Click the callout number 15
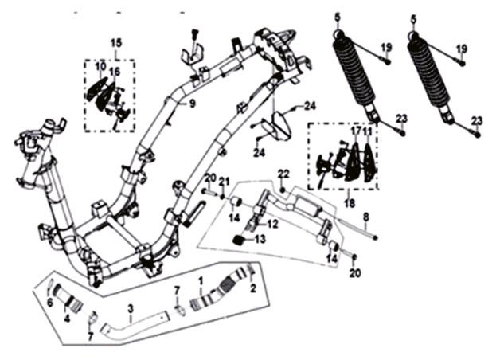[x=116, y=41]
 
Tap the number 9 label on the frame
[x=192, y=103]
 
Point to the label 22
[x=283, y=174]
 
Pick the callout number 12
[x=272, y=225]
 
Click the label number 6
[x=50, y=303]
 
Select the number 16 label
[x=115, y=72]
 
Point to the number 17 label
[x=356, y=128]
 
